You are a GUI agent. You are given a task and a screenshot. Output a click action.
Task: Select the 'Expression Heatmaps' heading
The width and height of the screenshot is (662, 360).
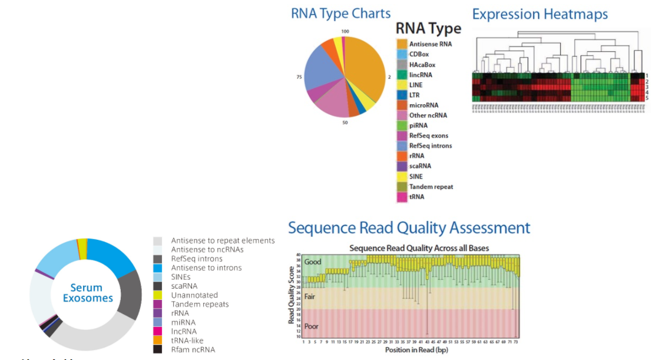(x=539, y=14)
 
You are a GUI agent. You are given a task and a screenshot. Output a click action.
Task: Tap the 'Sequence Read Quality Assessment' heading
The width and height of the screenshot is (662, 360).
(x=409, y=228)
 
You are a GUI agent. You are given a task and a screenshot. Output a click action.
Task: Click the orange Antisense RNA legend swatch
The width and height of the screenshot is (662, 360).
(x=402, y=44)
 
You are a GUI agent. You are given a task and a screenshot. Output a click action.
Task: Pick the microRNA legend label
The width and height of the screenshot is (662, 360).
(x=423, y=105)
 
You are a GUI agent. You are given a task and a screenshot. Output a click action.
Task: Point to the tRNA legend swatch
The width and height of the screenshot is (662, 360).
(x=402, y=197)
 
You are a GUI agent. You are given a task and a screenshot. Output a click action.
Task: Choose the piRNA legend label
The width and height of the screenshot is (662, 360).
(x=418, y=125)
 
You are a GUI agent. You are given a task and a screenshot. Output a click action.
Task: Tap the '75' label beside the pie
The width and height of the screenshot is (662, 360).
(x=299, y=77)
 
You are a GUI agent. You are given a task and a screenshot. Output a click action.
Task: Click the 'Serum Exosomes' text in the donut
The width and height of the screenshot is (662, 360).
(x=87, y=293)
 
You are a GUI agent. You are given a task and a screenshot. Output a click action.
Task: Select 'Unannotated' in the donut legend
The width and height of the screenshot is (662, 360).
(x=194, y=295)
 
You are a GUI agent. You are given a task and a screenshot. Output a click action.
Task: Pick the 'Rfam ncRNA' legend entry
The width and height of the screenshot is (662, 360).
(x=193, y=349)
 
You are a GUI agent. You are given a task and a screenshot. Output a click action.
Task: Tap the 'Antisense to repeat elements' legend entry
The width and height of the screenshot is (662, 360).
(x=223, y=240)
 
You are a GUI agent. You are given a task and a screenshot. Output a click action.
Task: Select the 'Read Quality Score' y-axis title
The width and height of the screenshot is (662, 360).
(x=292, y=295)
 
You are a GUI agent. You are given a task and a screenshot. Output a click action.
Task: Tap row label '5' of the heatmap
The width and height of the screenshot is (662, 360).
(x=647, y=98)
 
